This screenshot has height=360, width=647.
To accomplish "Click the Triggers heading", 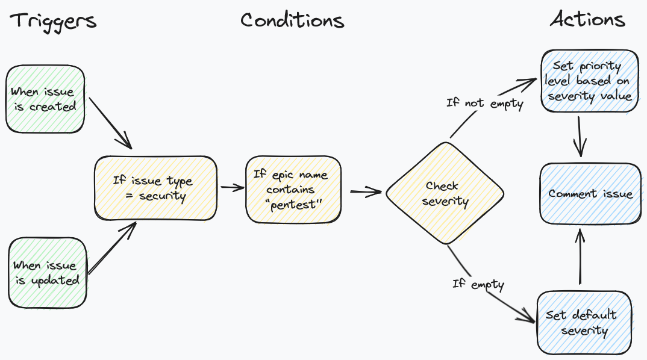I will click(x=53, y=20).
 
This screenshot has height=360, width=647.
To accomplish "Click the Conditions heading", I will click(x=292, y=20).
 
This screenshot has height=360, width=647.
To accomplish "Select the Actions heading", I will click(x=587, y=20).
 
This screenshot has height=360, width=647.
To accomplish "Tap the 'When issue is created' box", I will click(x=45, y=99).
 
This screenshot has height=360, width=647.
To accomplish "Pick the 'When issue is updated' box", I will click(x=46, y=273).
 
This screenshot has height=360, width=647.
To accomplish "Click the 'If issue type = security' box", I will click(x=155, y=188).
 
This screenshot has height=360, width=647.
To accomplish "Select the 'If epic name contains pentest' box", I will click(x=293, y=190).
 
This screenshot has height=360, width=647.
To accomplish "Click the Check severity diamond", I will click(x=445, y=193).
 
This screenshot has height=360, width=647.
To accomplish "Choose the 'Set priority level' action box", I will click(x=589, y=81).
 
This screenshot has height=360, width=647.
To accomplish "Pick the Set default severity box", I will click(x=584, y=323).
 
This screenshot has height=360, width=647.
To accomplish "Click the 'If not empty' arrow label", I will click(x=484, y=103).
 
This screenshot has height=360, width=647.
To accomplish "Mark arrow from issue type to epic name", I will click(x=231, y=187).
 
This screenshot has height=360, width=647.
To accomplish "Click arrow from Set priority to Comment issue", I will click(x=580, y=137).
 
